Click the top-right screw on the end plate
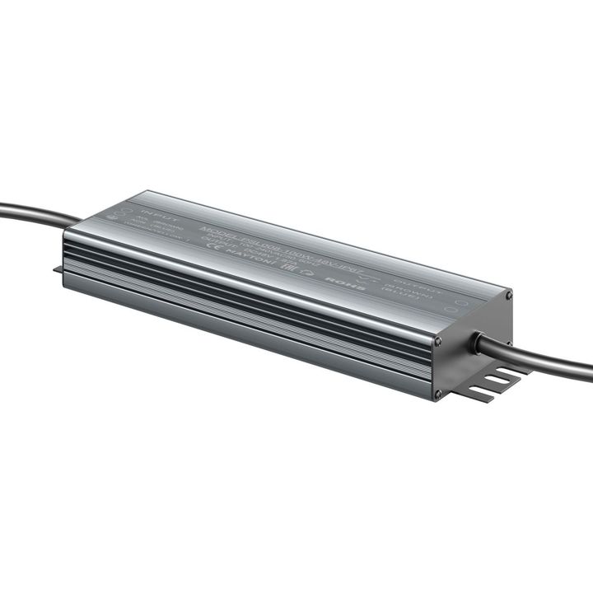pyautogui.click(x=508, y=294)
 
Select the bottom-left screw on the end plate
pyautogui.click(x=437, y=394)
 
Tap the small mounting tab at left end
pyautogui.click(x=58, y=268)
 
